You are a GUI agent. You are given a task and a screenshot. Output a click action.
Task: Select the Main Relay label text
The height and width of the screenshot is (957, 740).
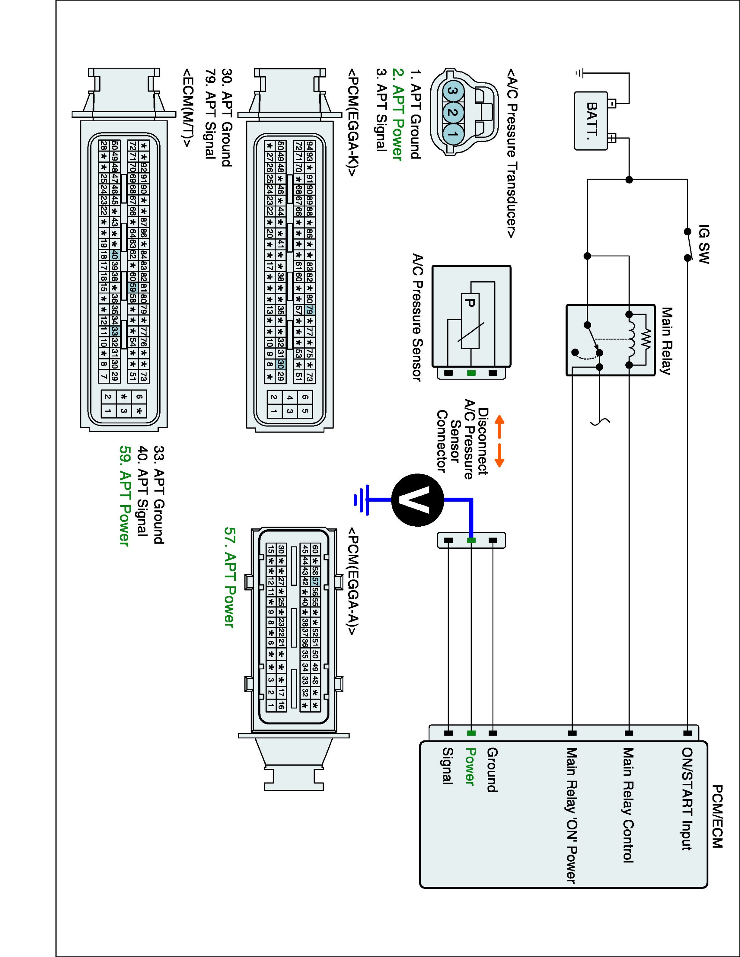(x=666, y=341)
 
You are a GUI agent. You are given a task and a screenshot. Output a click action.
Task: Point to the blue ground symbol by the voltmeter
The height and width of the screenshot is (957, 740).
(x=362, y=499)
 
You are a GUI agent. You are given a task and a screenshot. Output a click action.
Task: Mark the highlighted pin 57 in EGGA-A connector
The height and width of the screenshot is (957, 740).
(x=315, y=582)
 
